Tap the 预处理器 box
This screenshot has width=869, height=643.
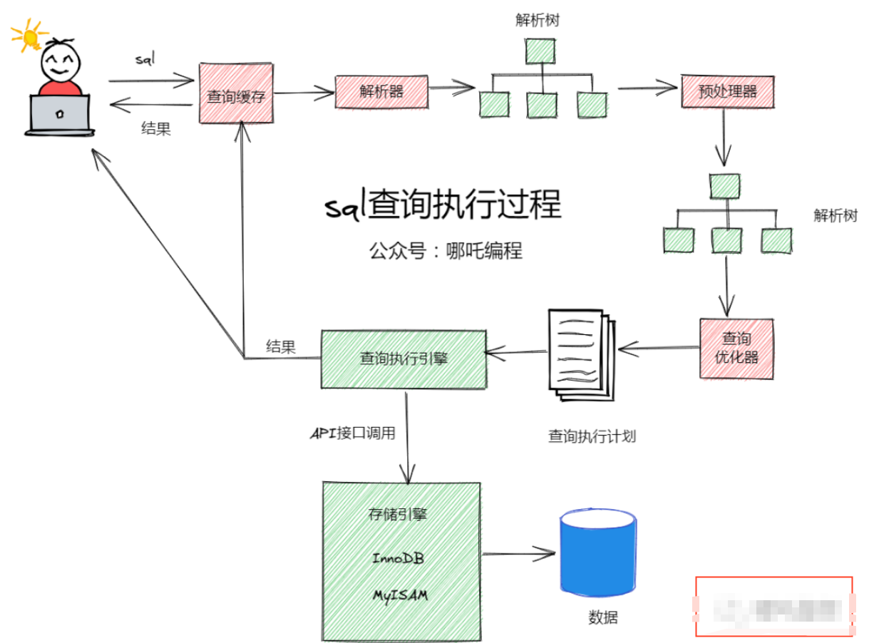click(x=726, y=91)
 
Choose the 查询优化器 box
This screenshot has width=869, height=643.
click(x=736, y=348)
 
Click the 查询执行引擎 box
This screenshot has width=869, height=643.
click(x=403, y=359)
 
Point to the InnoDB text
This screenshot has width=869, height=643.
click(x=398, y=558)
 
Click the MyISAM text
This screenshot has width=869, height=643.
click(x=400, y=595)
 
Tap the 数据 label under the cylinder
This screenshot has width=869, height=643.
click(x=603, y=617)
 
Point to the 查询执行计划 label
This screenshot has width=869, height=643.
click(x=592, y=436)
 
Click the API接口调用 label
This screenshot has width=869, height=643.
click(x=352, y=433)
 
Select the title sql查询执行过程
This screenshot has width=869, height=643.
click(x=443, y=205)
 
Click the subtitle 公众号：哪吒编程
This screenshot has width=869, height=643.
click(x=446, y=251)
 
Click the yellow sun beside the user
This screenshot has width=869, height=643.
click(x=26, y=35)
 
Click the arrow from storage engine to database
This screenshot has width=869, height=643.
click(x=518, y=553)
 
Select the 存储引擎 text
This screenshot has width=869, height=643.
click(x=398, y=514)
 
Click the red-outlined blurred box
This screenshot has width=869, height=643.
click(x=773, y=606)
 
